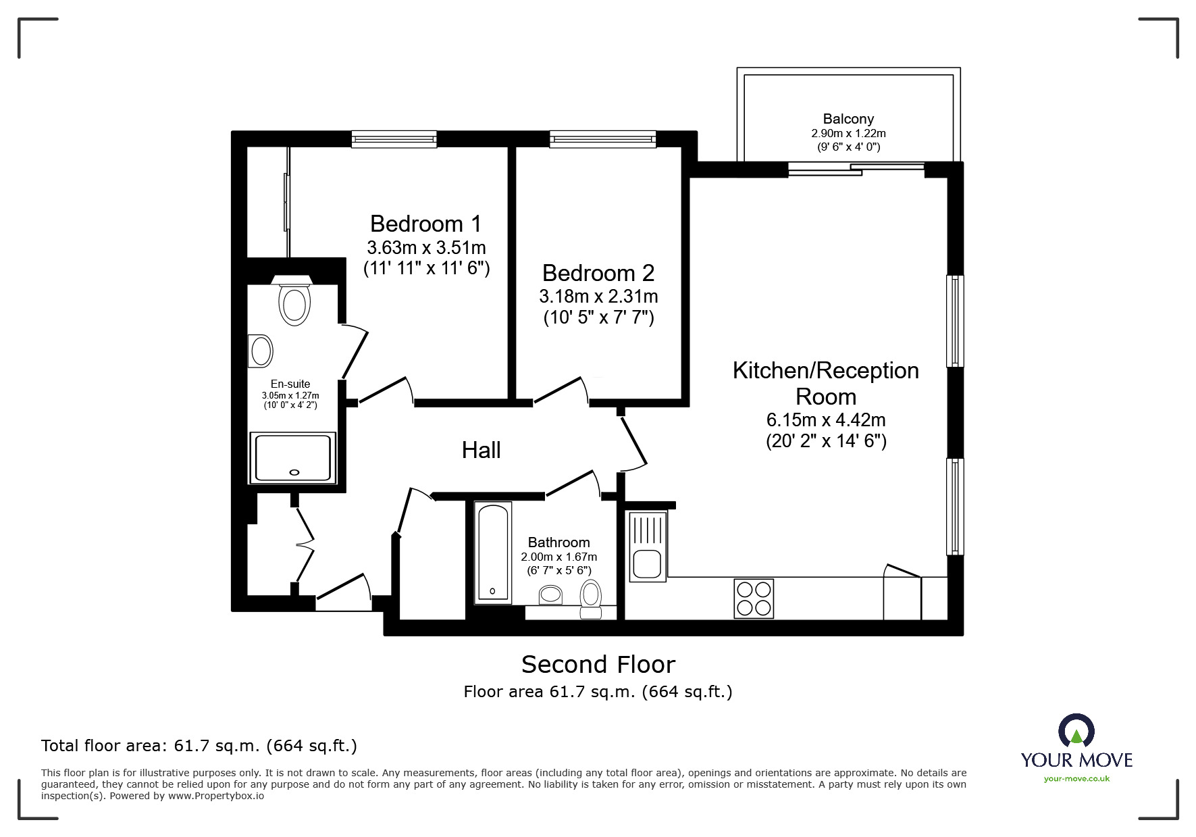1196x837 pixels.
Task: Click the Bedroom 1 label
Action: tap(426, 223)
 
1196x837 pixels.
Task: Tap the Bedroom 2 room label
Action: tap(598, 273)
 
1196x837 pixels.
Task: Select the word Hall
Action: tap(481, 450)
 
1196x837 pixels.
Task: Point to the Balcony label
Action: tap(848, 119)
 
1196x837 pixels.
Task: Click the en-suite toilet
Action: tap(294, 300)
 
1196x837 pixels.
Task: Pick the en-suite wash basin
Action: tap(260, 351)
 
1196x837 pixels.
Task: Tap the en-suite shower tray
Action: tap(293, 458)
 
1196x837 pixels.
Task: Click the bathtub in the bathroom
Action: tap(492, 552)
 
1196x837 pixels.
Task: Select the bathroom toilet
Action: tap(591, 599)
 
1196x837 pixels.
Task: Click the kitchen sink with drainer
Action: tap(648, 547)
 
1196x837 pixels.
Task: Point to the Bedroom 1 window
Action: tap(394, 139)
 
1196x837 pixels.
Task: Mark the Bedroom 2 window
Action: tap(603, 139)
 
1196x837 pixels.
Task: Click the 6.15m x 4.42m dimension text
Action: tap(826, 420)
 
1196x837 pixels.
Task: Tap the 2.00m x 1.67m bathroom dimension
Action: tap(559, 557)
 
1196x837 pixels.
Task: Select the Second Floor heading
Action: tap(598, 665)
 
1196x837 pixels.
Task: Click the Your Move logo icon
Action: tap(1076, 732)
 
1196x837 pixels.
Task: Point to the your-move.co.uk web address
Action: tap(1076, 779)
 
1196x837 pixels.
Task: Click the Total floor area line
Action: tap(199, 746)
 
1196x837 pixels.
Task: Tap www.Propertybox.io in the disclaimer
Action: tap(216, 796)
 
